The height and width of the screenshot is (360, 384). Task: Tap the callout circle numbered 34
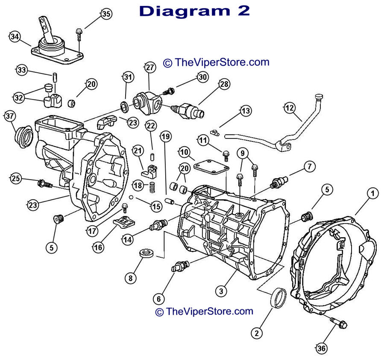[x=15, y=37]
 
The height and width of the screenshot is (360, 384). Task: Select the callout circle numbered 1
[x=372, y=194]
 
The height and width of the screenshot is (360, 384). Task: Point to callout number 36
[x=322, y=348]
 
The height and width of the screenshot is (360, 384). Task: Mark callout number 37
[x=9, y=116]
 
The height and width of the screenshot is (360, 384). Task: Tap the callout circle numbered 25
[x=16, y=179]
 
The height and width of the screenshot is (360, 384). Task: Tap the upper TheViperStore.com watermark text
[x=216, y=62]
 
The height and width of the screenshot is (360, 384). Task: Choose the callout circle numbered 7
[x=310, y=166]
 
